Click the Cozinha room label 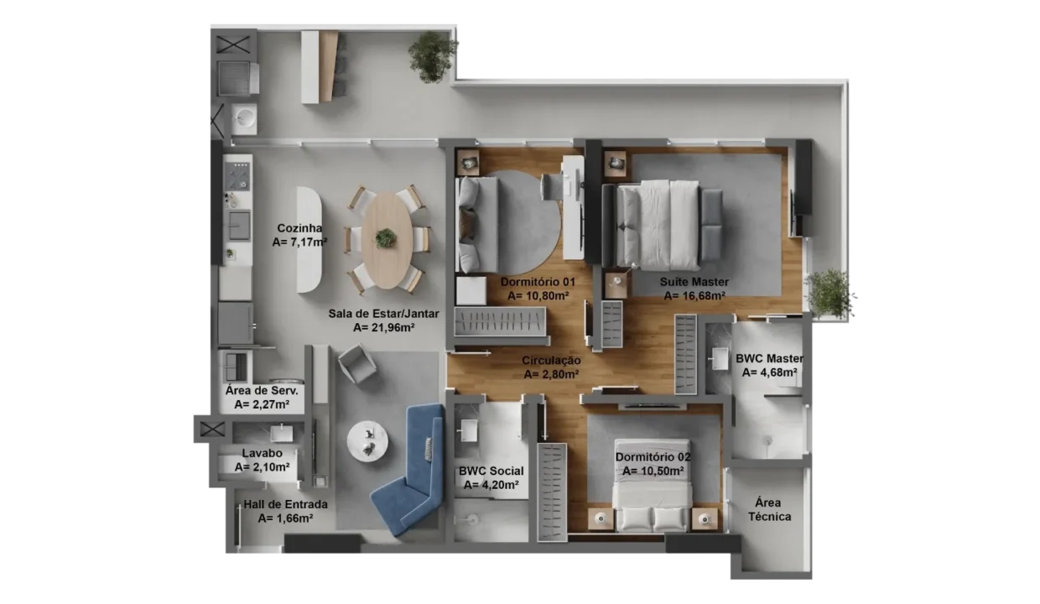tap(299, 228)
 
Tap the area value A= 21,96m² tap(383, 328)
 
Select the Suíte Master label tap(694, 282)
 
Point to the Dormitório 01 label tap(538, 282)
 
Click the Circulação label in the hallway tap(551, 360)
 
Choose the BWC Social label tap(491, 471)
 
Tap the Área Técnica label tap(769, 509)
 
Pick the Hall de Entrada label tap(285, 504)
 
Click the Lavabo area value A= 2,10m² tap(262, 467)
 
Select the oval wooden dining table tap(387, 241)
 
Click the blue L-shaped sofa tap(409, 469)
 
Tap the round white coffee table tap(367, 441)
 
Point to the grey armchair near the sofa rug tap(356, 363)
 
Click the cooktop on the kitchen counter tap(237, 177)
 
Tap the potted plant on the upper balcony tap(432, 56)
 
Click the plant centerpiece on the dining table tap(385, 238)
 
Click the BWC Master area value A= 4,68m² tap(769, 372)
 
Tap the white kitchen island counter tap(309, 240)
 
